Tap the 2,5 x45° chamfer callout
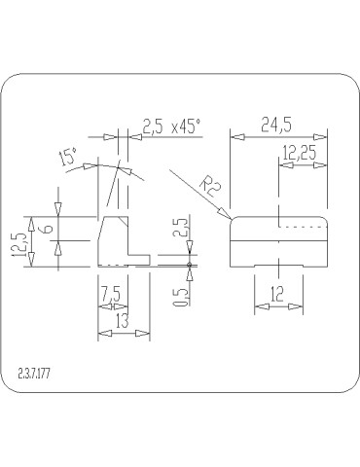pyautogui.click(x=170, y=126)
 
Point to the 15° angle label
pyautogui.click(x=69, y=158)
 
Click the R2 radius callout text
pyautogui.click(x=206, y=186)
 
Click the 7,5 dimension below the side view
pyautogui.click(x=109, y=292)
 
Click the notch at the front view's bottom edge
pyautogui.click(x=277, y=264)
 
